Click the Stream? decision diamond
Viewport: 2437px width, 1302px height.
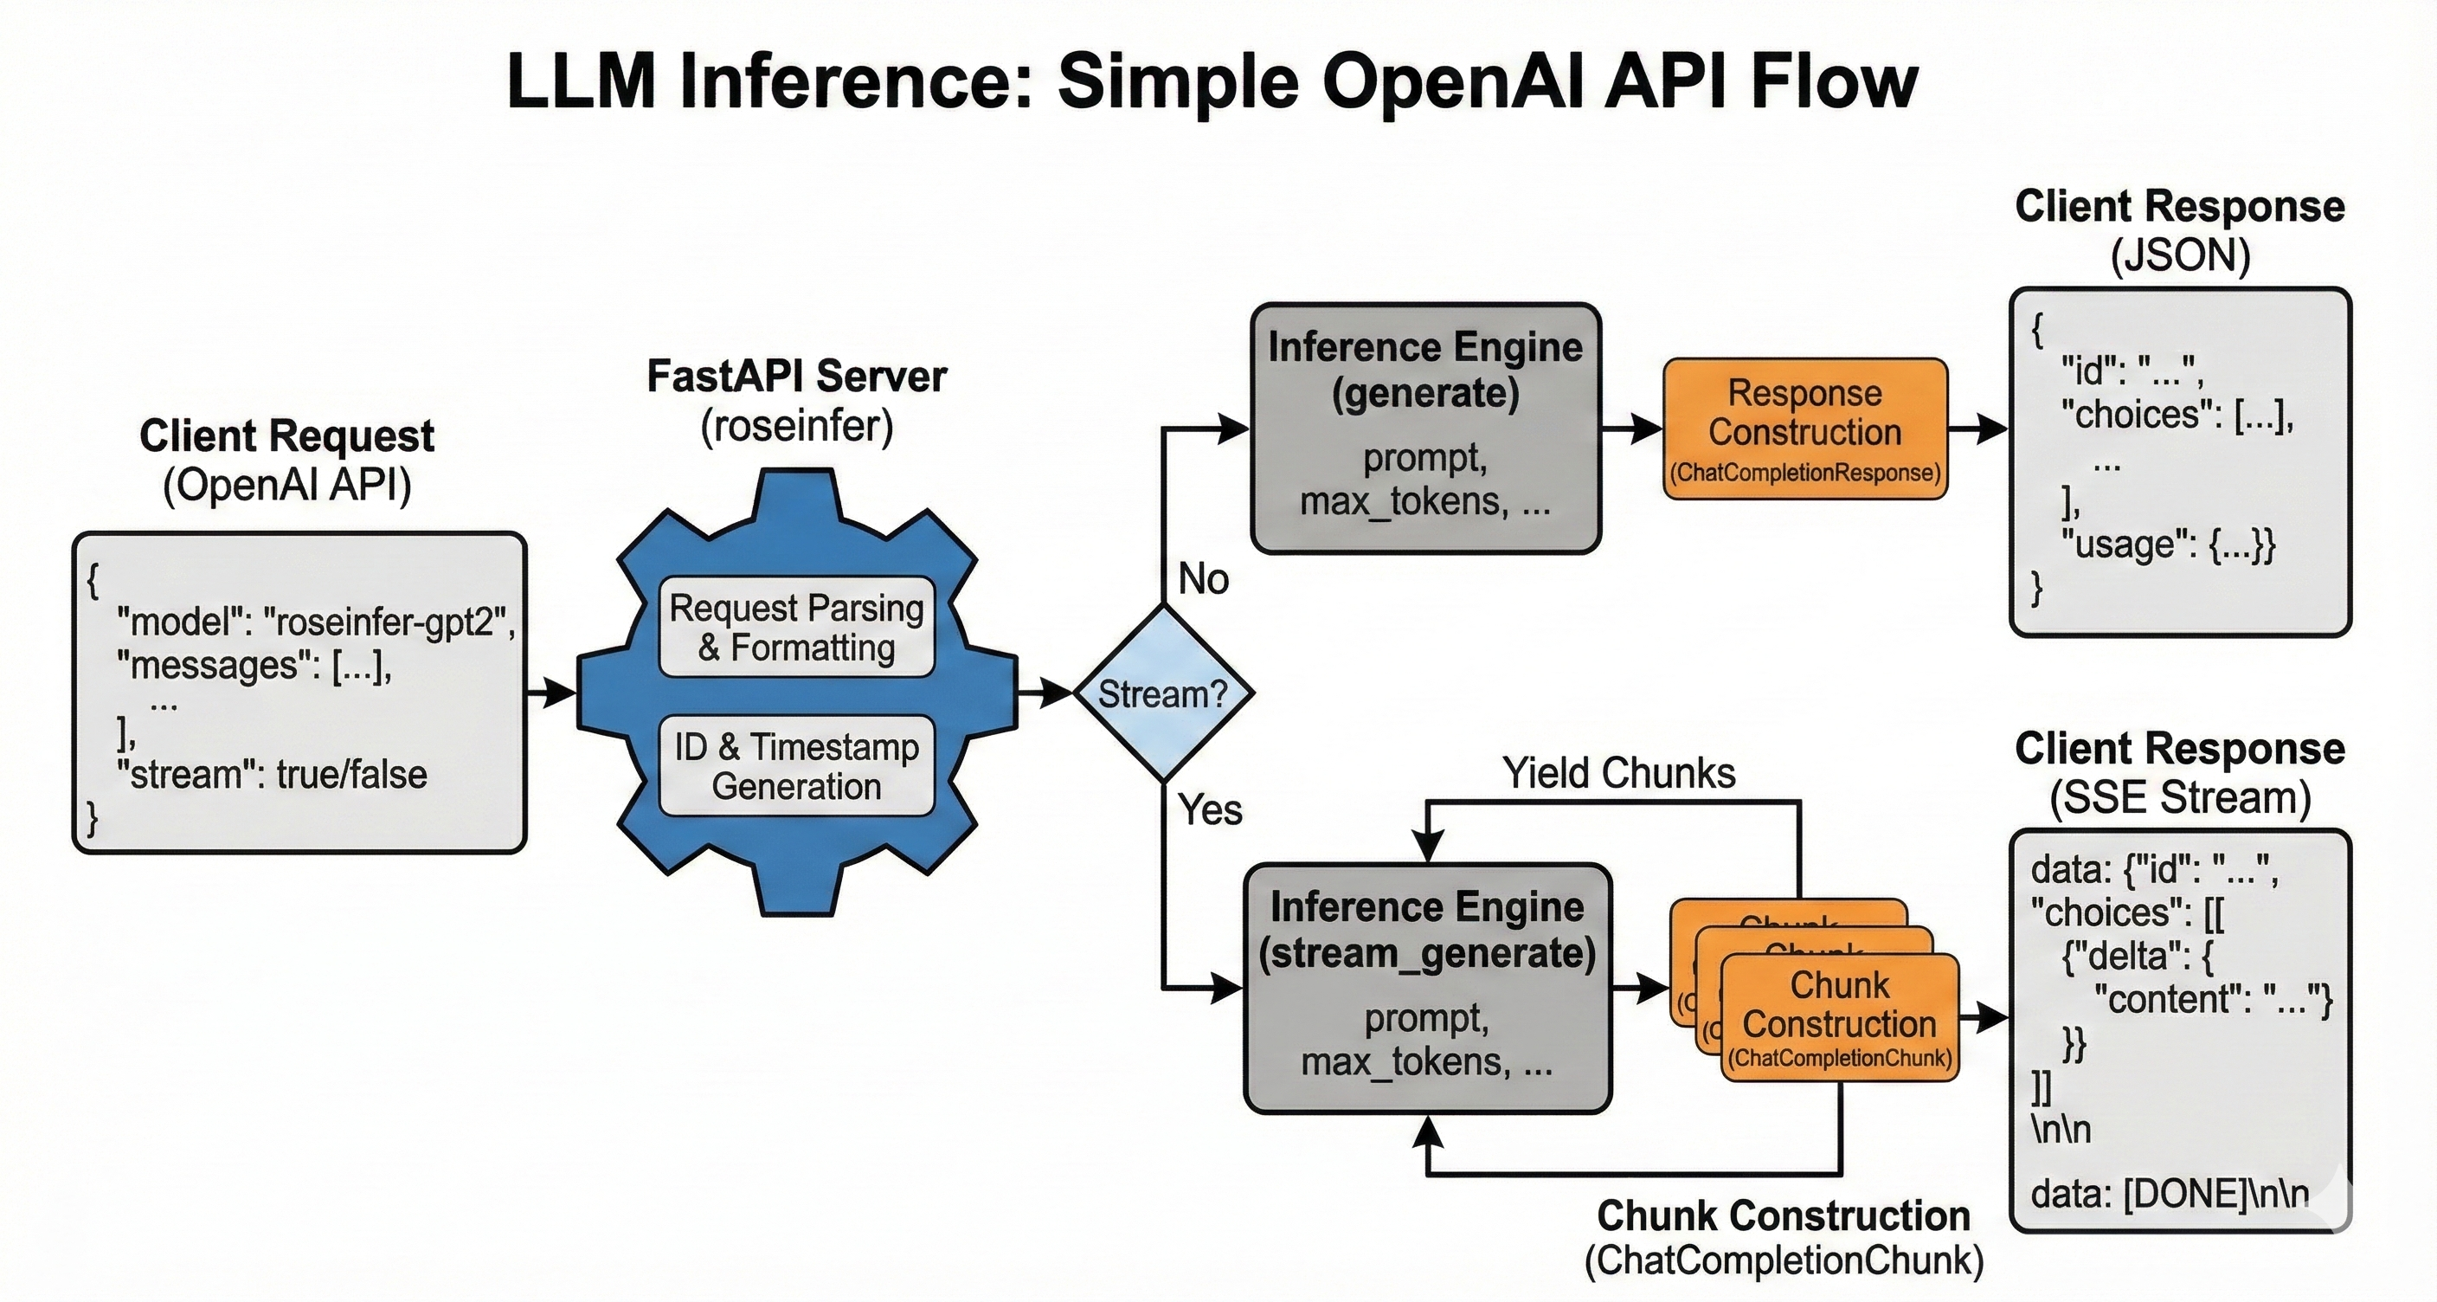pyautogui.click(x=1163, y=693)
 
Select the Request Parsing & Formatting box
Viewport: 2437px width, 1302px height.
pyautogui.click(x=796, y=628)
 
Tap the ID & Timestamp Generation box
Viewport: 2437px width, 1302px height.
pyautogui.click(x=796, y=766)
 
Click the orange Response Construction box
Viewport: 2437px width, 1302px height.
pyautogui.click(x=1805, y=429)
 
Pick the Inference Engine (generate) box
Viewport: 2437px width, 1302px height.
pyautogui.click(x=1425, y=429)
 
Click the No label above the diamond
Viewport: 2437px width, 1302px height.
pyautogui.click(x=1204, y=579)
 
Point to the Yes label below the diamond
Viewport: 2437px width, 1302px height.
pyautogui.click(x=1209, y=810)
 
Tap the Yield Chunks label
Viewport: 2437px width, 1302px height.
pyautogui.click(x=1618, y=773)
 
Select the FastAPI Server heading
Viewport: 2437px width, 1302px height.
pyautogui.click(x=796, y=377)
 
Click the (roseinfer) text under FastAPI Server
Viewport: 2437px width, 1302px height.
pyautogui.click(x=796, y=426)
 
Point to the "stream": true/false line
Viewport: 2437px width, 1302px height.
pyautogui.click(x=273, y=775)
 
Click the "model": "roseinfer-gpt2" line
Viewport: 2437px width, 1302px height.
pyautogui.click(x=316, y=622)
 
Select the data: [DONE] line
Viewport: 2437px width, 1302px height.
pyautogui.click(x=2170, y=1194)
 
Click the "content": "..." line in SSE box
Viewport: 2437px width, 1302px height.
pyautogui.click(x=2214, y=998)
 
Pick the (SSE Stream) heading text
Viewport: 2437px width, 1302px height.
pyautogui.click(x=2180, y=797)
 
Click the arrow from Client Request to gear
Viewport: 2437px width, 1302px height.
pyautogui.click(x=550, y=693)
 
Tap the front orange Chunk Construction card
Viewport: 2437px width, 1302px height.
pyautogui.click(x=1839, y=1017)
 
